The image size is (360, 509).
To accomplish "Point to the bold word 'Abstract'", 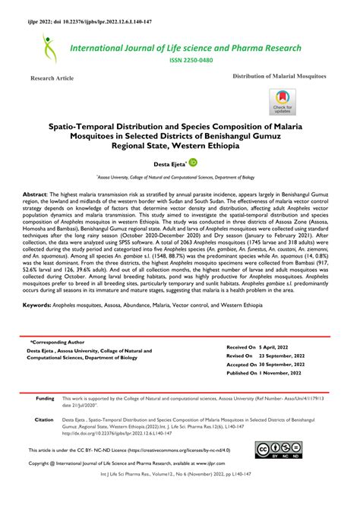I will coord(37,194).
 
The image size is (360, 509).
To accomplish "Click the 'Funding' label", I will coord(45,398).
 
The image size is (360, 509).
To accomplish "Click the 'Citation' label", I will coord(44,419).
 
